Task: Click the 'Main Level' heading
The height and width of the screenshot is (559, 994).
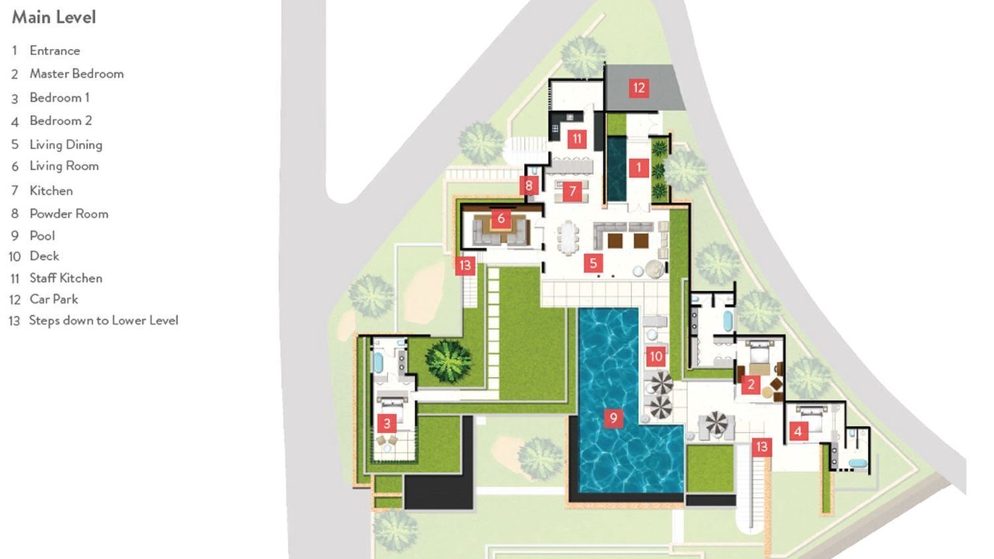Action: [54, 17]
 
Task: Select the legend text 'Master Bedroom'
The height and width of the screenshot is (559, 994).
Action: [77, 74]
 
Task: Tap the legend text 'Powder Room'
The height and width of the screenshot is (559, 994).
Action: [69, 214]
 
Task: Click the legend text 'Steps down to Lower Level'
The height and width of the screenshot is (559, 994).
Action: [103, 321]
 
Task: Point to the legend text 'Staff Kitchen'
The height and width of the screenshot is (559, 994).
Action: [66, 278]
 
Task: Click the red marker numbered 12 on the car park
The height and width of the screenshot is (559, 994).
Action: [639, 88]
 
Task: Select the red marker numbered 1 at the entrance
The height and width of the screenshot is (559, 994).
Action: [639, 168]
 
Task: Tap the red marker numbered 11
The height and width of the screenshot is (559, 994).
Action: [577, 139]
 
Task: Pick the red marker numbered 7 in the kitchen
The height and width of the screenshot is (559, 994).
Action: [572, 191]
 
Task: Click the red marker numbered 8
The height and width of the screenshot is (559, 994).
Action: [529, 186]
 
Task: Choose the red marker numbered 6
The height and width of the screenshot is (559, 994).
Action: [501, 218]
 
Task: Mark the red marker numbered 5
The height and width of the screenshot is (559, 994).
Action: [593, 263]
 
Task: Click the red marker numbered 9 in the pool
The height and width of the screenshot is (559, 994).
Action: [613, 418]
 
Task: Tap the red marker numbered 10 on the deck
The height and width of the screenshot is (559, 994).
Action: [656, 356]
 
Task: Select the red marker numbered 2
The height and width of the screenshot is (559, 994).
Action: [751, 384]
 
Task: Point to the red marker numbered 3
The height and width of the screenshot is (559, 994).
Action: [387, 423]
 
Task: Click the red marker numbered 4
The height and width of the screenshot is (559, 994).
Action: [798, 431]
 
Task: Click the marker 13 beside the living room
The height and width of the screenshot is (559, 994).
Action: [465, 266]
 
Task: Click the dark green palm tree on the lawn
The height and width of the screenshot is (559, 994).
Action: [448, 361]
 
